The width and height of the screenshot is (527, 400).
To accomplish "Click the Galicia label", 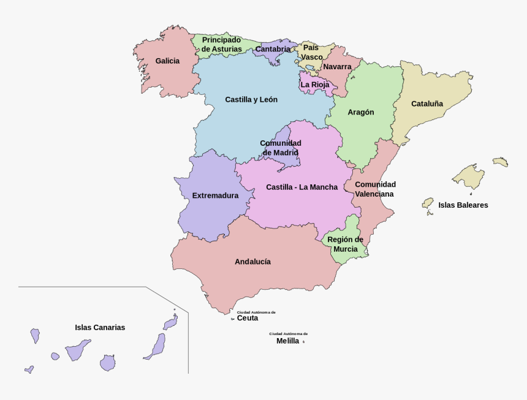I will [167, 61].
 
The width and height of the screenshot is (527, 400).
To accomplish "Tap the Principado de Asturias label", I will [221, 44].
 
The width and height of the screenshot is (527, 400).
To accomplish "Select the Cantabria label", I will [273, 49].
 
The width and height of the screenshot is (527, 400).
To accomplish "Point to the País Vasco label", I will [311, 52].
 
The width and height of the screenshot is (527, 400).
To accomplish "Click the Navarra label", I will [337, 66].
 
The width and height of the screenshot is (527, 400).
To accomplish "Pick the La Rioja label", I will [315, 85].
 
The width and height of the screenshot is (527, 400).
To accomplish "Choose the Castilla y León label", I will [251, 99].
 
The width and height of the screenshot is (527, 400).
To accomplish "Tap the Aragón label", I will [360, 112].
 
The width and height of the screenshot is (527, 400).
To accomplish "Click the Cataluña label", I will [427, 104].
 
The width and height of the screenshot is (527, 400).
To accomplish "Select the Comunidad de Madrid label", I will [280, 148].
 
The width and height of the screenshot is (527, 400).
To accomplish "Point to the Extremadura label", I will [215, 196].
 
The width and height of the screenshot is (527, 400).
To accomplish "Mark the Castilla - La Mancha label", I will [301, 187].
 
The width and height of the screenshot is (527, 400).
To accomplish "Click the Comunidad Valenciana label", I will [375, 189].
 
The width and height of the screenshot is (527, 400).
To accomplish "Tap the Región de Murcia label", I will [345, 244].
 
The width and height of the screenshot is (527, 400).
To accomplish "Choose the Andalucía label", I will [252, 262].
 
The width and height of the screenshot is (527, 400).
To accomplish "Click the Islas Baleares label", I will [463, 205].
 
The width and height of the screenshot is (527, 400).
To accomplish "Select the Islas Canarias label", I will [100, 327].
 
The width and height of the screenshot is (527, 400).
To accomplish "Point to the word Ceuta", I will [248, 318].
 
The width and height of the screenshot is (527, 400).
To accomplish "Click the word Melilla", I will [288, 341].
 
